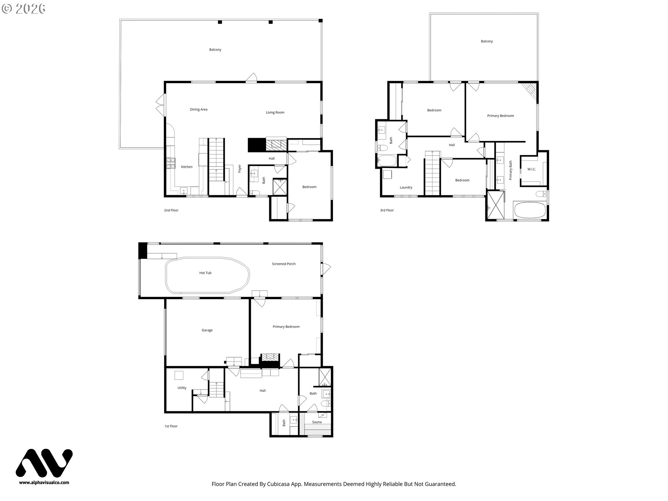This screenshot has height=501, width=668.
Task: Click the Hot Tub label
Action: (205, 273)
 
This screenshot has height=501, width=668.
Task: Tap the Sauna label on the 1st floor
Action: (317, 422)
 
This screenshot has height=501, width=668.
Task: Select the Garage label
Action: (207, 330)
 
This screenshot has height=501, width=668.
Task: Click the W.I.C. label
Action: (532, 169)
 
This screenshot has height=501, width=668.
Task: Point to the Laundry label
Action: (406, 188)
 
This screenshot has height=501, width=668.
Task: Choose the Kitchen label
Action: (187, 167)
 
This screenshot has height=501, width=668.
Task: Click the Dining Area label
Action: (199, 110)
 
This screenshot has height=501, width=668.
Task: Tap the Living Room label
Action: (275, 113)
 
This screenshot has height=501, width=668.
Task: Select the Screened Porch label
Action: (284, 264)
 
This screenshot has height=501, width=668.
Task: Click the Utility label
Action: (182, 388)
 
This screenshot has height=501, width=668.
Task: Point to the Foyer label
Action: (239, 169)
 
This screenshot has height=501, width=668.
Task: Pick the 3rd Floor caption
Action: (387, 210)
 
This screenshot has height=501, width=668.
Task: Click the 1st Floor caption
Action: (171, 426)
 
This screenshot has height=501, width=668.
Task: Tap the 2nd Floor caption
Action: (171, 210)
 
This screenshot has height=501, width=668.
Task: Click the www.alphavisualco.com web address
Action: (44, 483)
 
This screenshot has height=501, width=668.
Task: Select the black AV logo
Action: (44, 463)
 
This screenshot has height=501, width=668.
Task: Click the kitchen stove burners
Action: (170, 163)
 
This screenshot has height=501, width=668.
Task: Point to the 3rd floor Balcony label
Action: (487, 41)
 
